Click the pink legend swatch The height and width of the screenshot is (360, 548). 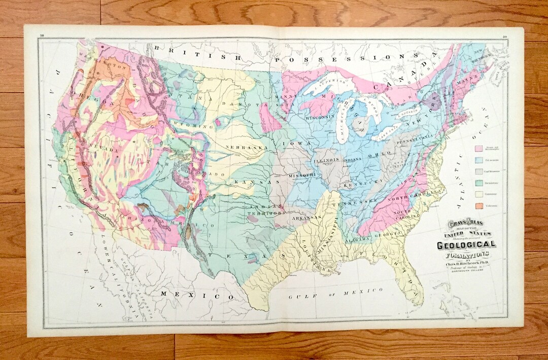tap(478, 149)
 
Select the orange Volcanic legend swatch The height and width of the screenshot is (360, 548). tap(478, 205)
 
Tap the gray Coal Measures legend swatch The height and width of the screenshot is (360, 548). tap(478, 171)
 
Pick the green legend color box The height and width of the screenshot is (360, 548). tap(478, 183)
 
